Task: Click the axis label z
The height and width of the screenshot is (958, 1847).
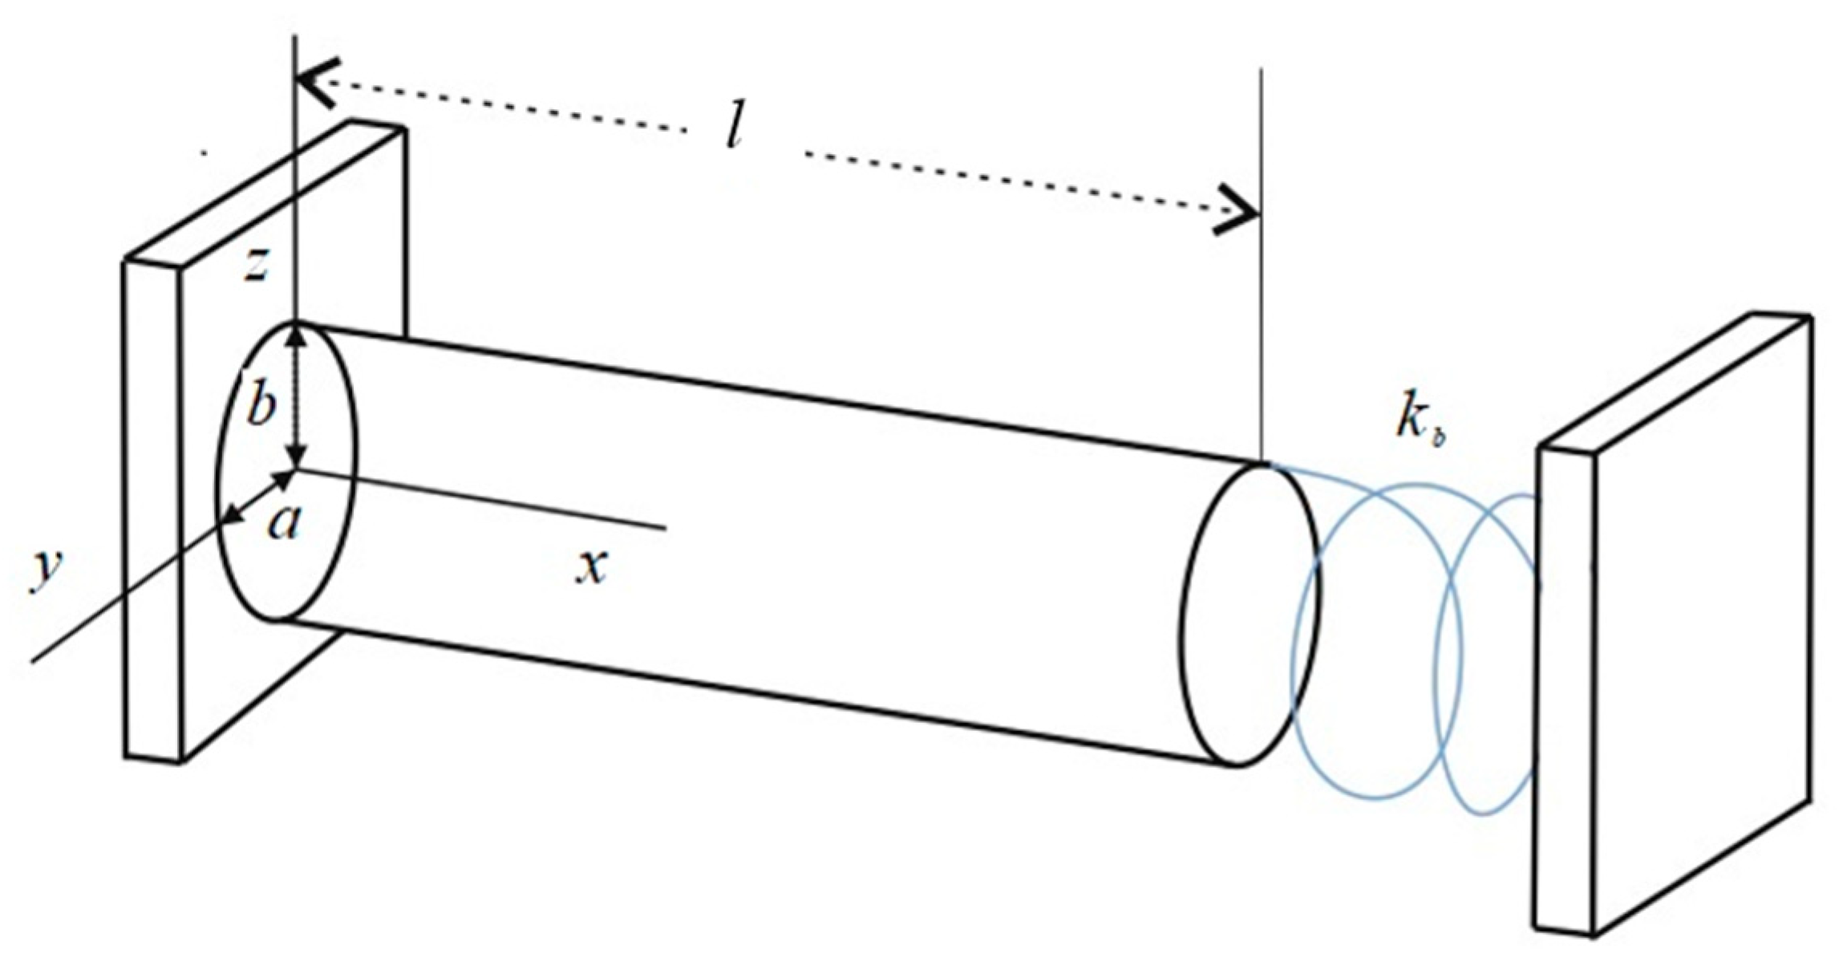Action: click(256, 265)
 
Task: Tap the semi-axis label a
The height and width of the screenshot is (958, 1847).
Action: click(284, 523)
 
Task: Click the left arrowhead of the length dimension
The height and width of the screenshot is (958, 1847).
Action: click(317, 80)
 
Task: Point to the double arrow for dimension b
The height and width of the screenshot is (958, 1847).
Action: click(298, 397)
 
